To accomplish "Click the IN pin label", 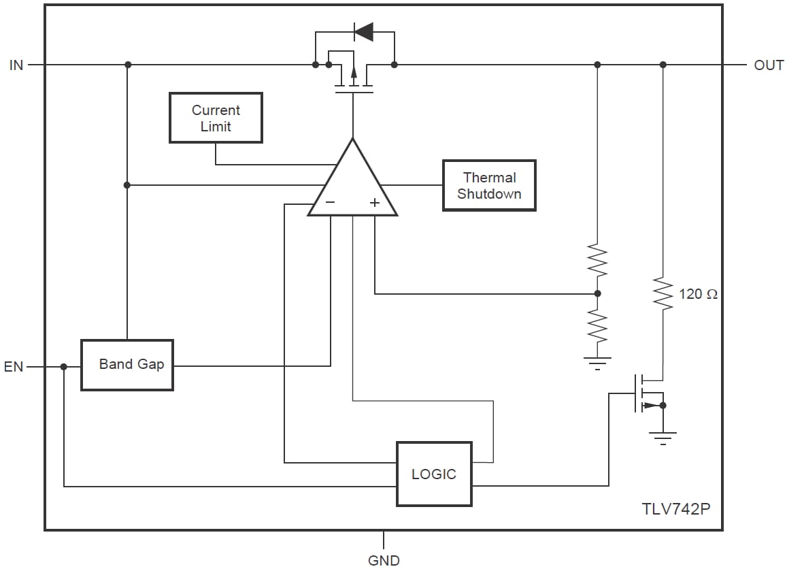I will click(16, 65).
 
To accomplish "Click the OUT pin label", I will click(769, 65).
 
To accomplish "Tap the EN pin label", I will click(14, 367).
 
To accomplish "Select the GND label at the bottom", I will click(384, 560).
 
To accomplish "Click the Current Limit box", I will click(216, 118).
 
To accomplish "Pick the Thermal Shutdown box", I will click(489, 185).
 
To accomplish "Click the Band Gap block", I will click(127, 365).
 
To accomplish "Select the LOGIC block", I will click(434, 474).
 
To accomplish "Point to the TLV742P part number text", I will click(675, 509).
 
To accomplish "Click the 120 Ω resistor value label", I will click(698, 295).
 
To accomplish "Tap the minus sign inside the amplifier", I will click(330, 202).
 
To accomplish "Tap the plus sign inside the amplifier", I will click(374, 202).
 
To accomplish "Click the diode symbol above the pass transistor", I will click(364, 31).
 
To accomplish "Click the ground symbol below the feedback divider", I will click(597, 362).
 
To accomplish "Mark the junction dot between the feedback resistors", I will click(597, 294).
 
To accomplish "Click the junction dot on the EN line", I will click(64, 367).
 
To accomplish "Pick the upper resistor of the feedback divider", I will click(597, 261).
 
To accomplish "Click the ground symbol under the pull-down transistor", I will click(663, 437).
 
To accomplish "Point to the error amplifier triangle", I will click(352, 184).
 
